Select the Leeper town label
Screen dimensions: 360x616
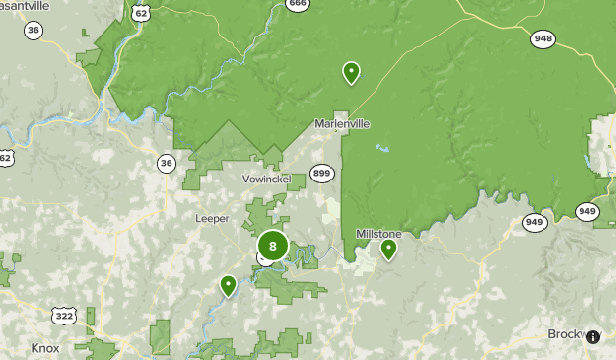coord(212,218)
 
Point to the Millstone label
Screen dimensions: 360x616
coord(378,234)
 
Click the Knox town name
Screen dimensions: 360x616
coord(45,348)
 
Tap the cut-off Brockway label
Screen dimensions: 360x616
coord(566,334)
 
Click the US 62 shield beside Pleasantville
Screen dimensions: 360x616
coord(141,12)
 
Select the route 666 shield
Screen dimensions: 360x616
coord(298,4)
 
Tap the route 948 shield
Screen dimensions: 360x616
coord(542,39)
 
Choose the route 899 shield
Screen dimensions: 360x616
coord(321,173)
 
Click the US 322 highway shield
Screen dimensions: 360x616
coord(64,316)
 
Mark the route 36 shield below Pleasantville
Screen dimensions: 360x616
coord(34,31)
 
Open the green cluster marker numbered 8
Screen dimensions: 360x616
coord(273,246)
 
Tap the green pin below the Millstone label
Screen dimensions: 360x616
coord(389,249)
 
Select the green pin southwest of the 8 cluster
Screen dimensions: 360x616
coord(229,285)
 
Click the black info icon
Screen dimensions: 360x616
coord(593,337)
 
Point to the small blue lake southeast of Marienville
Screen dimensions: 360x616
coord(380,149)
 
